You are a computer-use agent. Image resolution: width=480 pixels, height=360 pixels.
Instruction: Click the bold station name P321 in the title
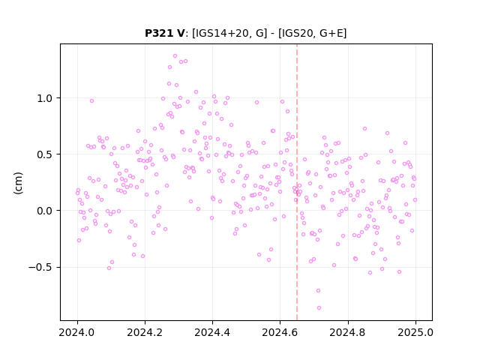tap(159, 33)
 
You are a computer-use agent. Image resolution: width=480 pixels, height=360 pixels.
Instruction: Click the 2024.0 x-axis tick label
tap(77, 332)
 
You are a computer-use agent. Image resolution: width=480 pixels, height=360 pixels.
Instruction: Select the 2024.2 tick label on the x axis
tap(145, 332)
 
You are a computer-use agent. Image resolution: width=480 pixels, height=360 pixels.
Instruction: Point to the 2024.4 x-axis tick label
tap(212, 332)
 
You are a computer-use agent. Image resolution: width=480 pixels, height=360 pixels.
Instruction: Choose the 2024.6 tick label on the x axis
tap(280, 332)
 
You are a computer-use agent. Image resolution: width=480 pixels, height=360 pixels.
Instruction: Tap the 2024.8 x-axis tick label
tap(348, 332)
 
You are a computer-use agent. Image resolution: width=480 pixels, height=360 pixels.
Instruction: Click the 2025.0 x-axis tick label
tap(415, 332)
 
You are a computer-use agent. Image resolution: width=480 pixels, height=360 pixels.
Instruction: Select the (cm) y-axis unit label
tap(18, 183)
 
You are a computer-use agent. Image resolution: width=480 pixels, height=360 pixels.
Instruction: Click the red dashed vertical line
tap(297, 182)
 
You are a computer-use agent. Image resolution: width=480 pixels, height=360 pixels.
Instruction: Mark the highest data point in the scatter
tap(175, 56)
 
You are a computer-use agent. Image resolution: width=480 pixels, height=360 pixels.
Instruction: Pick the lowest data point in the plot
tap(319, 308)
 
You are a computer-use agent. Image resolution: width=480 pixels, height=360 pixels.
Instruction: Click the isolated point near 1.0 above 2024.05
tap(91, 101)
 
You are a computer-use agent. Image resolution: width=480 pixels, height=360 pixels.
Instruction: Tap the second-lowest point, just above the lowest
tap(318, 291)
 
